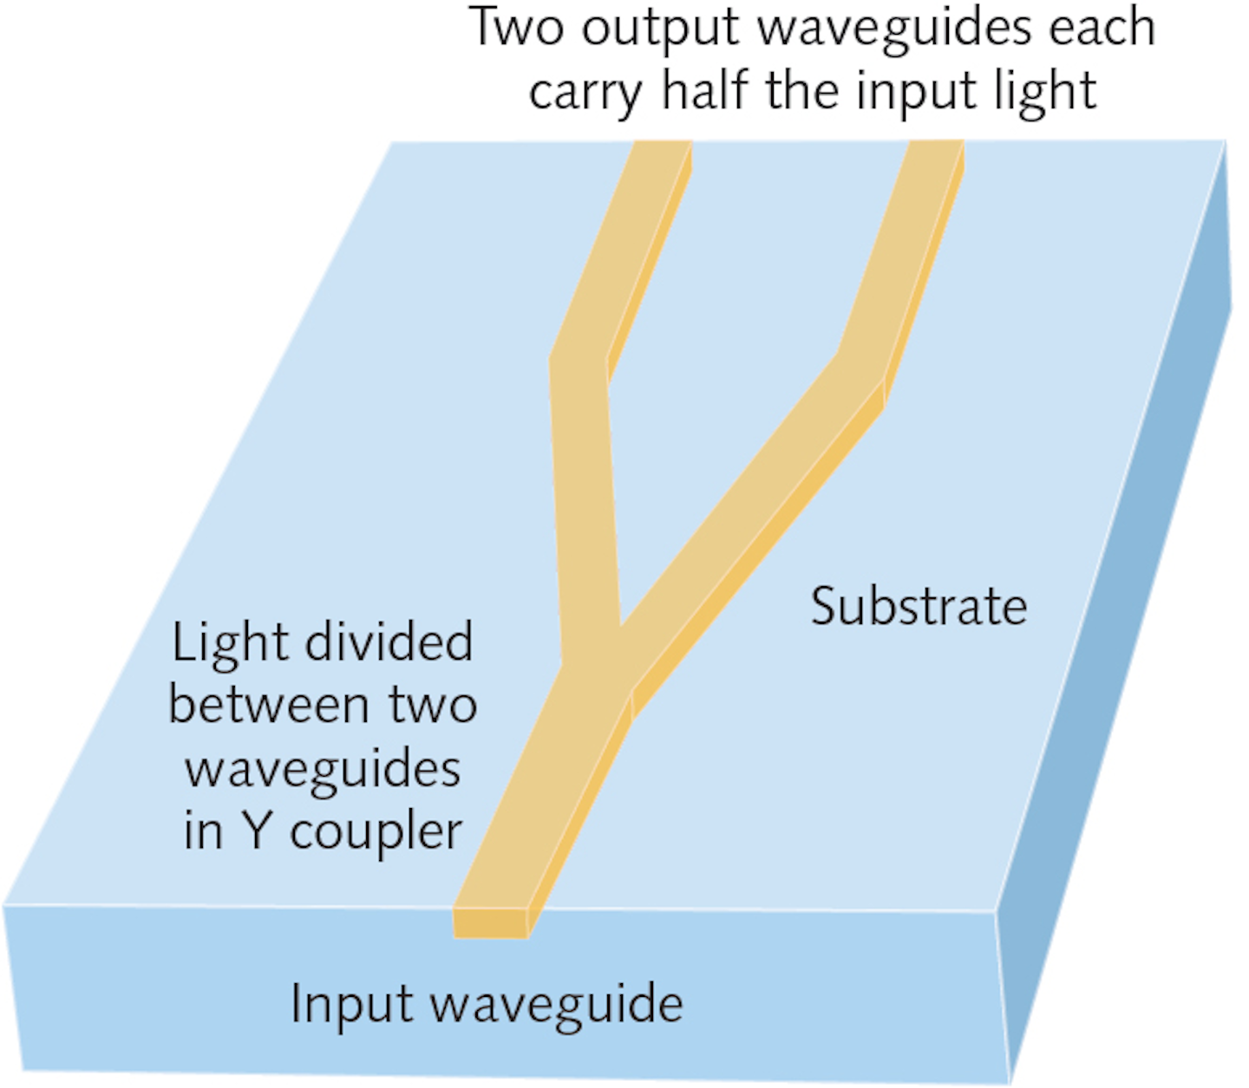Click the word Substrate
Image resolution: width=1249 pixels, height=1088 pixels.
coord(919,606)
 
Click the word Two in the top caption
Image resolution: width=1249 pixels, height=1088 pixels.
coord(517,28)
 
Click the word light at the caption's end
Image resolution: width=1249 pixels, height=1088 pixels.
coord(1045,92)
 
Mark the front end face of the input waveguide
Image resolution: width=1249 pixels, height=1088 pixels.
coord(491,923)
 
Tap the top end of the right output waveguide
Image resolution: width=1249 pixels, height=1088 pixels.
coord(935,149)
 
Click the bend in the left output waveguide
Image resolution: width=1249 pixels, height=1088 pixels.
coord(579,360)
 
